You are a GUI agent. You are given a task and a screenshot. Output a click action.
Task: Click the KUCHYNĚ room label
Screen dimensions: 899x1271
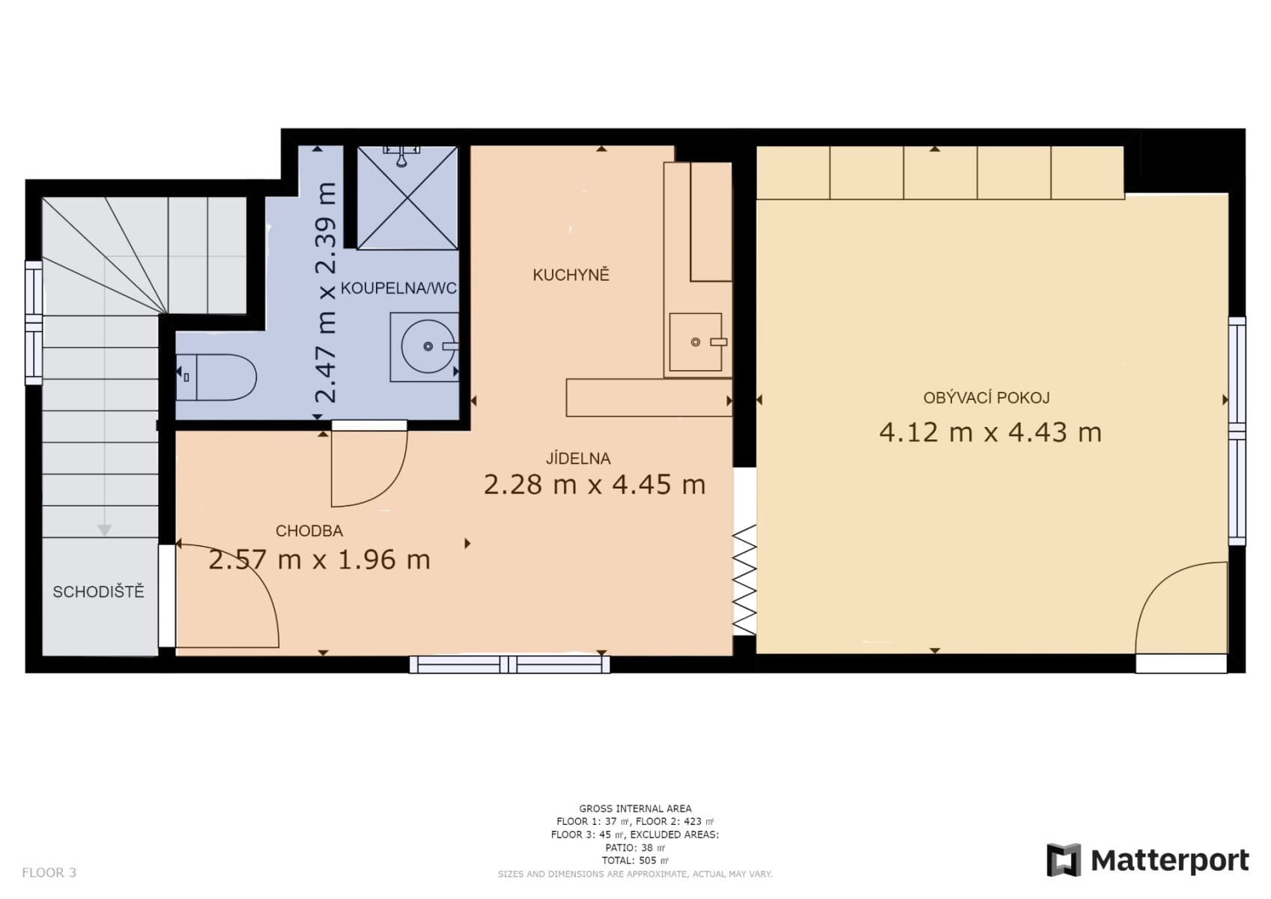tap(571, 275)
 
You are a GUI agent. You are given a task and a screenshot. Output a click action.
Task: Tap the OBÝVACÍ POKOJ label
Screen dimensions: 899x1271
tap(986, 398)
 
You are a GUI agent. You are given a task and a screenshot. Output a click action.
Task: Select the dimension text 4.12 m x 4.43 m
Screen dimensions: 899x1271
tap(989, 433)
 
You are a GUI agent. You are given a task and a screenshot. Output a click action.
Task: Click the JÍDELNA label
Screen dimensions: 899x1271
tap(577, 458)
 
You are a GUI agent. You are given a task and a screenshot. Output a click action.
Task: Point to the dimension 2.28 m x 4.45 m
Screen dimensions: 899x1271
tap(594, 485)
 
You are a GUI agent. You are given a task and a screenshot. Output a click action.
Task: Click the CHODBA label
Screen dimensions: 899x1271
tap(309, 531)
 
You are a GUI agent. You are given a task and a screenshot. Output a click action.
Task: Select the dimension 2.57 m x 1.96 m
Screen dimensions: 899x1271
tap(319, 560)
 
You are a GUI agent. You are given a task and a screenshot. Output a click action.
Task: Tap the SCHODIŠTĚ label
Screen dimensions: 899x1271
tap(98, 592)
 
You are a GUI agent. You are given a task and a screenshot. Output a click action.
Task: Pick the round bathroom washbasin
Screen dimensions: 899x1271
tap(426, 346)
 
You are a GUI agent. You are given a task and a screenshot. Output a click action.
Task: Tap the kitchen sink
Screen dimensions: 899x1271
tap(695, 342)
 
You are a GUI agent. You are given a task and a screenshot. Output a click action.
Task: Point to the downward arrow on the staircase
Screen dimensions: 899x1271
tap(104, 530)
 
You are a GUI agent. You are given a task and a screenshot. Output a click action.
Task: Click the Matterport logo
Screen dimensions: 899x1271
tap(1147, 860)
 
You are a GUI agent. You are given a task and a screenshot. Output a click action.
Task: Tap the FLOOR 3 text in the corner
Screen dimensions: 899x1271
tap(49, 873)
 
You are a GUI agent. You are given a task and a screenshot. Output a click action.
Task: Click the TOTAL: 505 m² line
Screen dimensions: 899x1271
tap(634, 861)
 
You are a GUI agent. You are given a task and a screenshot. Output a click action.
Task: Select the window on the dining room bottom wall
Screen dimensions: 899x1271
tap(509, 665)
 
